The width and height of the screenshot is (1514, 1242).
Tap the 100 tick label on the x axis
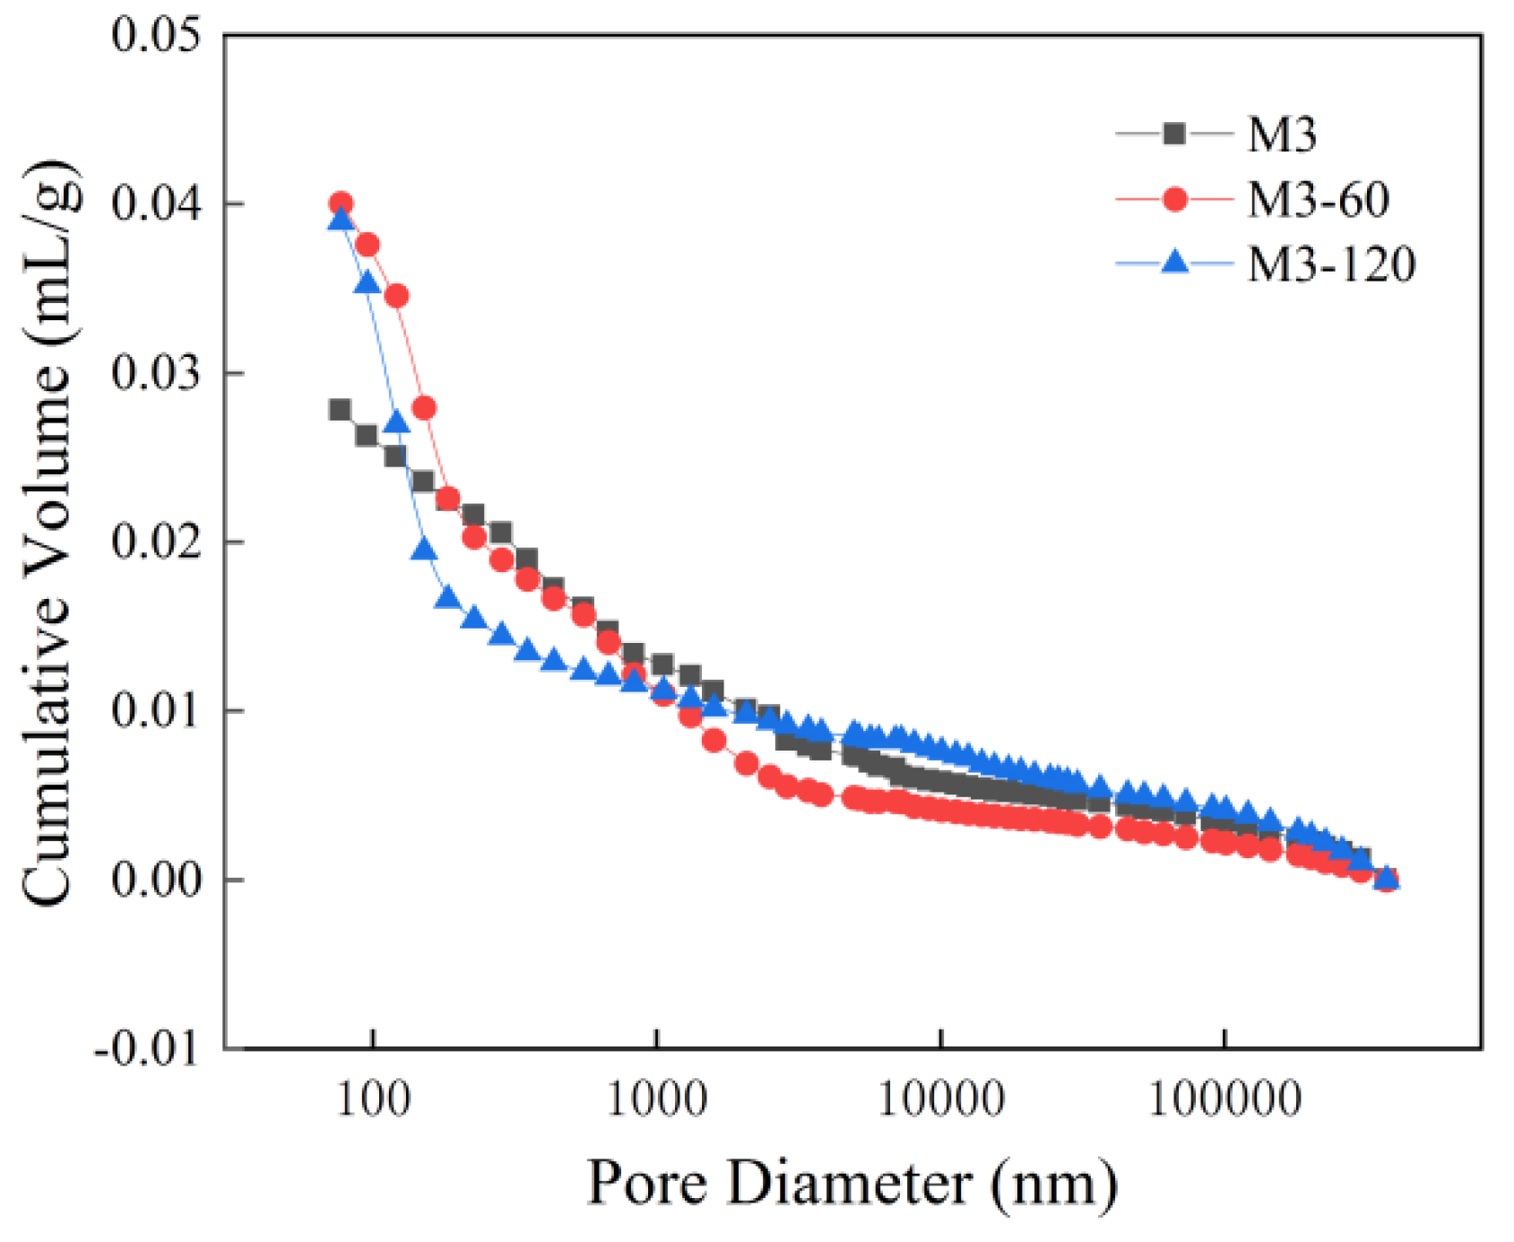click(x=374, y=1099)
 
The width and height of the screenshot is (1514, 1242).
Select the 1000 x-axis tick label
click(x=657, y=1099)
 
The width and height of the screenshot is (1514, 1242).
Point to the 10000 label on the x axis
click(x=940, y=1099)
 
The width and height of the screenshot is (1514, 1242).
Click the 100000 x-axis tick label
click(x=1224, y=1099)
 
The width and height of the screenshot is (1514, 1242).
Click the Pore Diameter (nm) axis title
click(x=852, y=1184)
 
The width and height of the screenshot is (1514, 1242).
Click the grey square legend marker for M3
click(x=1174, y=135)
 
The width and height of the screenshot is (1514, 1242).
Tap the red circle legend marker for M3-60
click(x=1174, y=199)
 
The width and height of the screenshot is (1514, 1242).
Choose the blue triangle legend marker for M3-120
click(x=1174, y=263)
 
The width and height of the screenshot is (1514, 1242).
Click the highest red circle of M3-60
click(x=341, y=204)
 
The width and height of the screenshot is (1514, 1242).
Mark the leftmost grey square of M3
click(x=340, y=410)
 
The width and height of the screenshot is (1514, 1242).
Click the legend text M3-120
click(x=1331, y=265)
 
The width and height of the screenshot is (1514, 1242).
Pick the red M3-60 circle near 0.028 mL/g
click(x=425, y=409)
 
